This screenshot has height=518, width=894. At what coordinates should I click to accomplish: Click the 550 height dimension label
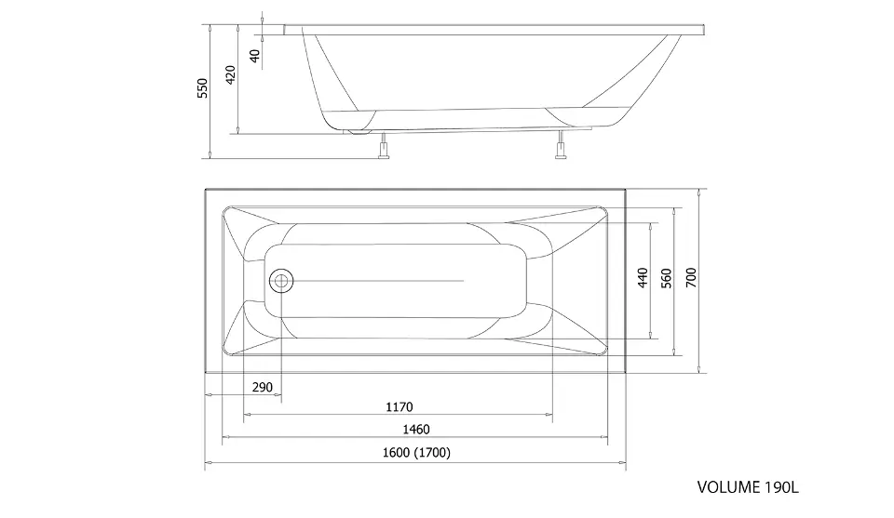point(202,88)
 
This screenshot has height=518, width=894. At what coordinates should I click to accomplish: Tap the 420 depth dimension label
point(230,75)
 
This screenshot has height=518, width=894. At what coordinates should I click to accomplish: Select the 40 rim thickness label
point(255,56)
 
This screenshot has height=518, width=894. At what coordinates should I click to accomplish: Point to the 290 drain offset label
point(263,387)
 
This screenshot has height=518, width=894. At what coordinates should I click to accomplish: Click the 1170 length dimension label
point(400,407)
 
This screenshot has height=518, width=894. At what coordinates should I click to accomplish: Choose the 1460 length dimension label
point(416,430)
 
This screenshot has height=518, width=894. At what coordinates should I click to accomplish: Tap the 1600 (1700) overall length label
point(416,453)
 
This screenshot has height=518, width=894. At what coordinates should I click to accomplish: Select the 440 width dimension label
point(643,278)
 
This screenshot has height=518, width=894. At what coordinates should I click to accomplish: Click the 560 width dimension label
point(667,278)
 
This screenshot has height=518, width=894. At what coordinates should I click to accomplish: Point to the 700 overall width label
point(691,277)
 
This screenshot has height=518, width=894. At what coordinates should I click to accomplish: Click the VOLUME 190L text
point(748,487)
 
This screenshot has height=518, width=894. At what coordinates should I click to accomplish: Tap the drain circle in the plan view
point(280,281)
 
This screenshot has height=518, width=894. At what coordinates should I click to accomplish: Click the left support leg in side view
point(384,146)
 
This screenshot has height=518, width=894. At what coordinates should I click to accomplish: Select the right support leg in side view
point(561,145)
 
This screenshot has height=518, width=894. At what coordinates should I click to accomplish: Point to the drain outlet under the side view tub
point(359,132)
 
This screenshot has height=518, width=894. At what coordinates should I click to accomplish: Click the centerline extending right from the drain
point(378,281)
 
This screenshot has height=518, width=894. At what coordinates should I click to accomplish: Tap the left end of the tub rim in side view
point(284,30)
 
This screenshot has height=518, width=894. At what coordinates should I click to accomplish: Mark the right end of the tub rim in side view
point(706,30)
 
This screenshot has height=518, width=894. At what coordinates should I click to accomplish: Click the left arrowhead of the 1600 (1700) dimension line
point(208,463)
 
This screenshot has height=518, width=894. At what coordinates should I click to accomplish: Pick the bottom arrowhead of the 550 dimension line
point(210,154)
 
